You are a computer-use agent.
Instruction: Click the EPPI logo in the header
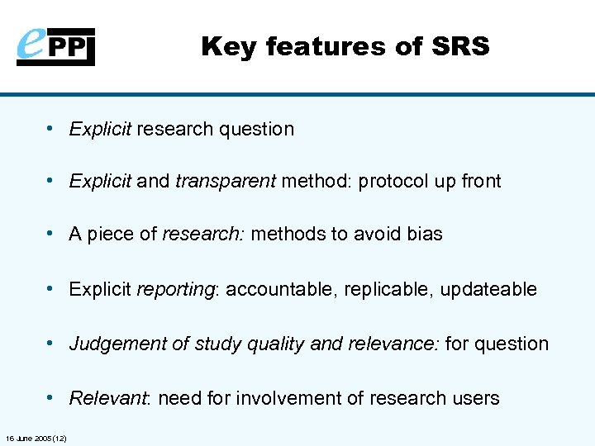tap(56, 46)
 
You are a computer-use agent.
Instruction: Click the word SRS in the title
tap(459, 47)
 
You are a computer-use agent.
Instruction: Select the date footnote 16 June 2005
tap(36, 437)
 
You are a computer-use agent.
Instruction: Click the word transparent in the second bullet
tap(226, 182)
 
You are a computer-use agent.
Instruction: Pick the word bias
tap(424, 235)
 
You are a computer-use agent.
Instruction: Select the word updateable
tap(488, 290)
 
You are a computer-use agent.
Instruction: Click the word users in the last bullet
tap(476, 399)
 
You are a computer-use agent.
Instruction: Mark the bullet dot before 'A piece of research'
tap(51, 235)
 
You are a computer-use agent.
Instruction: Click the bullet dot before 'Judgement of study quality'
tap(51, 344)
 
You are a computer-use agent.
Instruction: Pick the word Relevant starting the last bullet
tap(107, 399)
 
